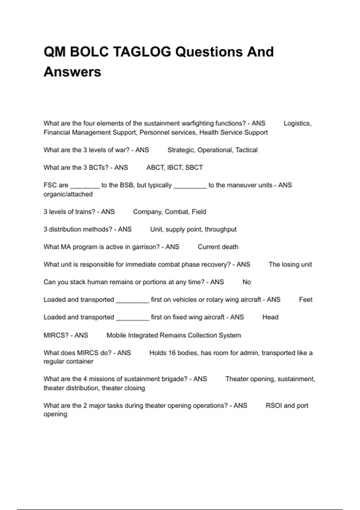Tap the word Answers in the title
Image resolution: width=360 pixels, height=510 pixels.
pyautogui.click(x=72, y=72)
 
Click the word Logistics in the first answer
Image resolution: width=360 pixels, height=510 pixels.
pyautogui.click(x=297, y=123)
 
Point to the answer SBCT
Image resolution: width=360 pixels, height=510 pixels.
pyautogui.click(x=194, y=167)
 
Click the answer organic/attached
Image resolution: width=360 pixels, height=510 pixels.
pyautogui.click(x=68, y=194)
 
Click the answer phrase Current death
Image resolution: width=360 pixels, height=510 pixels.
pyautogui.click(x=218, y=247)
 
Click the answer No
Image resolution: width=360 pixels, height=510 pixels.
pyautogui.click(x=247, y=282)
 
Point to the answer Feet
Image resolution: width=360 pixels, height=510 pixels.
pyautogui.click(x=305, y=300)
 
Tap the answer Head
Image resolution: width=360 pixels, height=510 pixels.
pyautogui.click(x=270, y=317)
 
